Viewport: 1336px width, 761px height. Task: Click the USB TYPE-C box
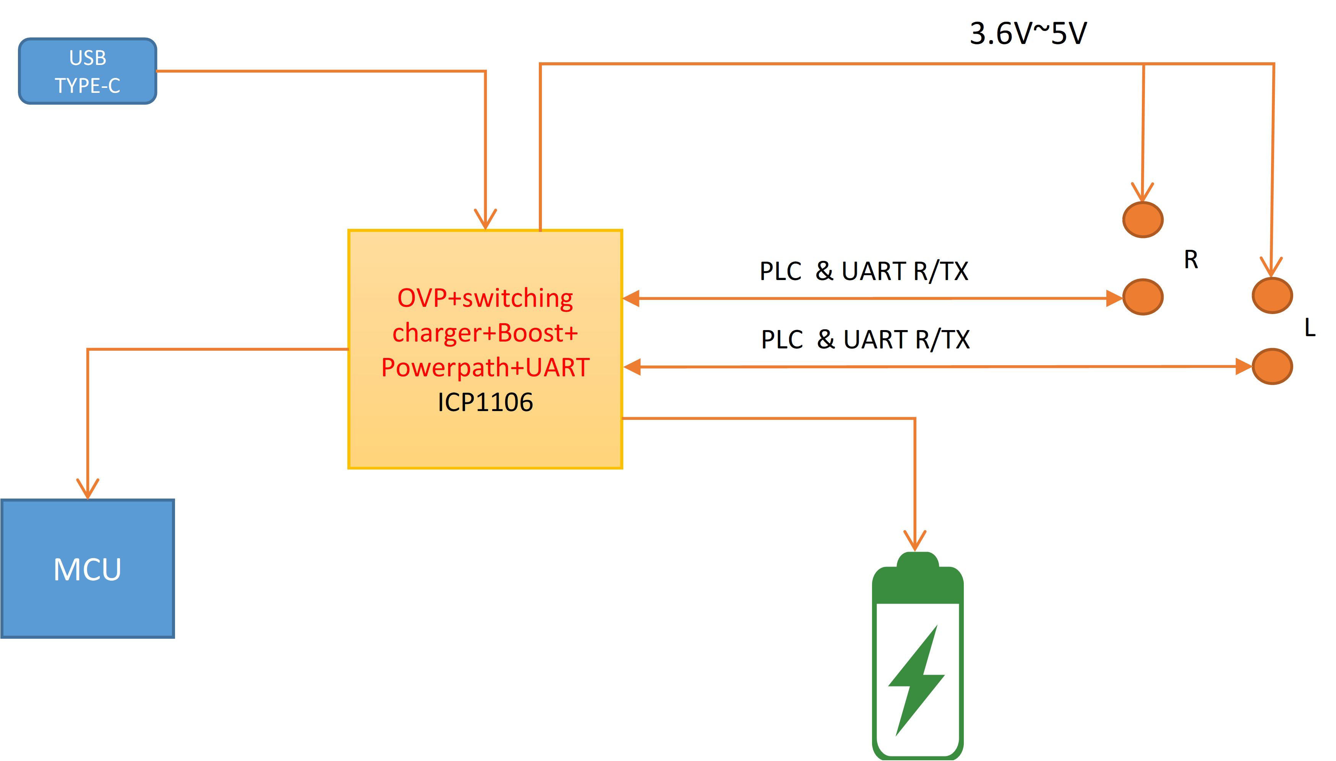click(87, 71)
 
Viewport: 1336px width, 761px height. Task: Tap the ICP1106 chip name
click(485, 402)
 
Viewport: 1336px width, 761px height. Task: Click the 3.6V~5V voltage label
click(1028, 34)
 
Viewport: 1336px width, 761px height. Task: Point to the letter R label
click(1191, 260)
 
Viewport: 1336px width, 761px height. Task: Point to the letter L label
click(1309, 328)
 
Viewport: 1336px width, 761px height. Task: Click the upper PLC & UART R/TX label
click(864, 271)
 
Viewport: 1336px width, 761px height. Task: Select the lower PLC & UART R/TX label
click(865, 340)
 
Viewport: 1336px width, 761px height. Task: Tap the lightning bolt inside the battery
click(916, 680)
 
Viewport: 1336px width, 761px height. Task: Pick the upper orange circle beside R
click(1143, 220)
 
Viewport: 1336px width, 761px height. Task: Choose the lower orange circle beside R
click(1143, 297)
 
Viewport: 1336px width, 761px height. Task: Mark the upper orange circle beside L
click(1272, 295)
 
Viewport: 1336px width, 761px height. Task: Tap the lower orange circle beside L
click(1272, 366)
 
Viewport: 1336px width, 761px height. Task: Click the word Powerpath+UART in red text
click(485, 368)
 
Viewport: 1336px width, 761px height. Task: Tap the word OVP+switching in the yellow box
click(485, 298)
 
